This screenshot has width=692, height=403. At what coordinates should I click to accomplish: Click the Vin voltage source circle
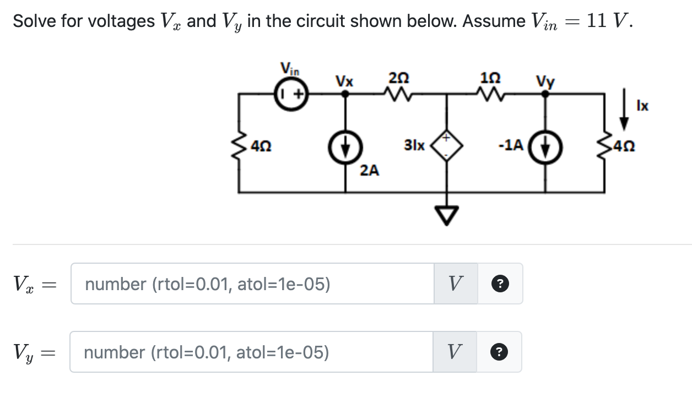point(291,94)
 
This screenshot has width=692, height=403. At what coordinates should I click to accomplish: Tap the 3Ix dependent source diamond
point(446,146)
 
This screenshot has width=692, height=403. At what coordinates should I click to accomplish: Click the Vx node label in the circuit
point(344,80)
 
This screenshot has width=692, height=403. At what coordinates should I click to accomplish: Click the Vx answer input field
point(252,284)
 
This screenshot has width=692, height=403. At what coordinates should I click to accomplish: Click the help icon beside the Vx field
point(499,284)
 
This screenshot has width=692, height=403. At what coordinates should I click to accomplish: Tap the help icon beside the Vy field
point(499,352)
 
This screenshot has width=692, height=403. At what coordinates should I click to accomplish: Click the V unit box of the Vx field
point(456,284)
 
